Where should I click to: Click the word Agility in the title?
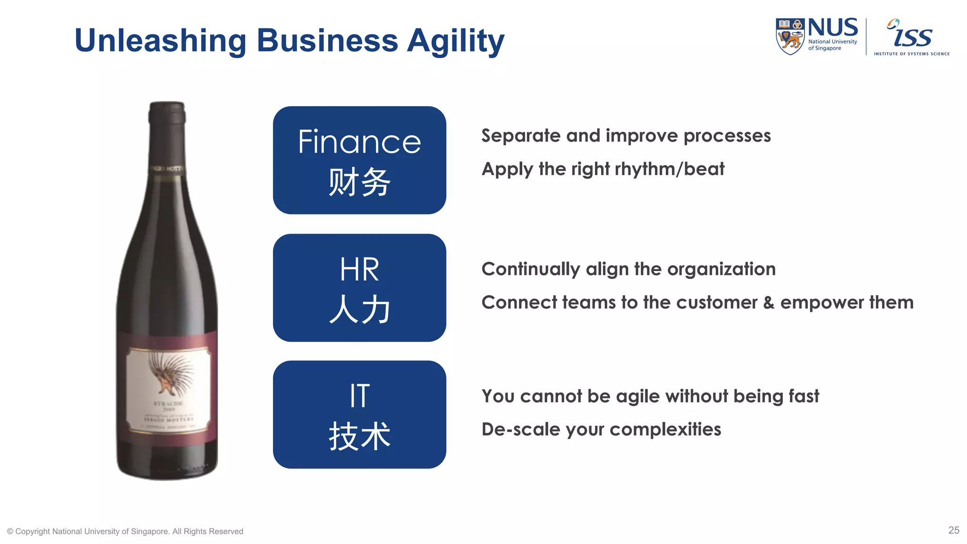pyautogui.click(x=456, y=42)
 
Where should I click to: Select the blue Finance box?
pyautogui.click(x=359, y=160)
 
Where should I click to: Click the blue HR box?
pyautogui.click(x=359, y=288)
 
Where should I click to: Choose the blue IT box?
pyautogui.click(x=359, y=415)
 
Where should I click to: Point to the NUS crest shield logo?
pyautogui.click(x=790, y=36)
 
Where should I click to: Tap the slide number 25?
pyautogui.click(x=953, y=530)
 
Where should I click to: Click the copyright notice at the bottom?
pyautogui.click(x=125, y=531)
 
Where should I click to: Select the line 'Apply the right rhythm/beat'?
pyautogui.click(x=603, y=169)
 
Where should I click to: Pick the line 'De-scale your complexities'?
pyautogui.click(x=601, y=429)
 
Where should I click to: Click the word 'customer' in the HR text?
pyautogui.click(x=716, y=303)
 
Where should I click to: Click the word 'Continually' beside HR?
pyautogui.click(x=530, y=269)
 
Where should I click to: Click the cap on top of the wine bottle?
pyautogui.click(x=167, y=113)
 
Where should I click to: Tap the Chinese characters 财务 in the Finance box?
pyautogui.click(x=359, y=182)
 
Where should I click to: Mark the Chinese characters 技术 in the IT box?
pyautogui.click(x=359, y=436)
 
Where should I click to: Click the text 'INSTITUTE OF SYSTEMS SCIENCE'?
pyautogui.click(x=911, y=54)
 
